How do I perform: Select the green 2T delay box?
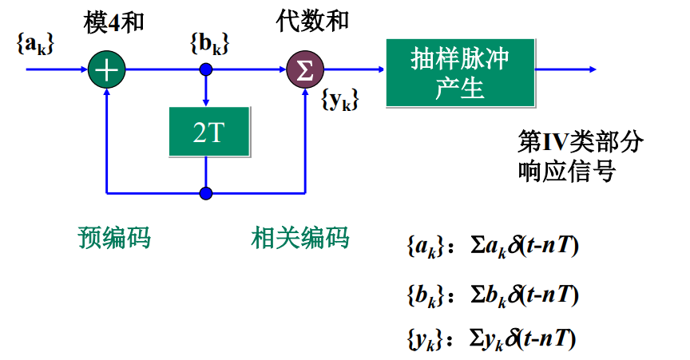206,132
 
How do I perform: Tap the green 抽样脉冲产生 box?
460,73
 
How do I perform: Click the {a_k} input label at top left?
34,44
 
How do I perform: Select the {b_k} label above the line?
209,44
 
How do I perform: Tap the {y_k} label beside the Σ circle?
339,101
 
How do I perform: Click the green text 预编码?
114,237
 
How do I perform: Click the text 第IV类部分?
580,143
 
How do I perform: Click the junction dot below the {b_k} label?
206,69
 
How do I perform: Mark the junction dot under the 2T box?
206,193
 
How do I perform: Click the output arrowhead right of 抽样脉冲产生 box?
592,69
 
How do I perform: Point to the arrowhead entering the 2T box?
206,102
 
